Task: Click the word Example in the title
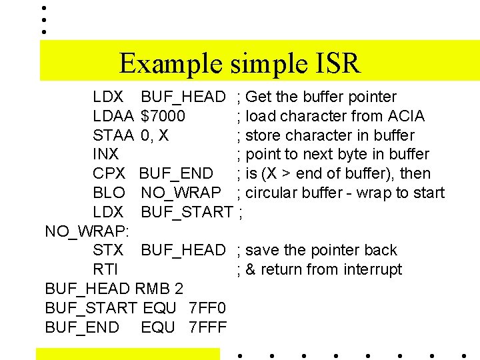(x=172, y=65)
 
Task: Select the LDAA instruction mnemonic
(x=113, y=116)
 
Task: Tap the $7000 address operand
(x=163, y=116)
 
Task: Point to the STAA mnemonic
(x=113, y=135)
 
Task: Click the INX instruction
(x=105, y=155)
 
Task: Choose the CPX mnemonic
(x=109, y=174)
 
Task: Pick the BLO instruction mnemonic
(x=109, y=193)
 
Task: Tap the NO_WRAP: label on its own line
(x=87, y=231)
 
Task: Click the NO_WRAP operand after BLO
(x=181, y=193)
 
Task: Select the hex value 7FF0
(x=208, y=308)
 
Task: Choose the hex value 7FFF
(x=208, y=327)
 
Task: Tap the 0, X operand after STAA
(x=155, y=135)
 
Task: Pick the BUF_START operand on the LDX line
(x=186, y=213)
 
